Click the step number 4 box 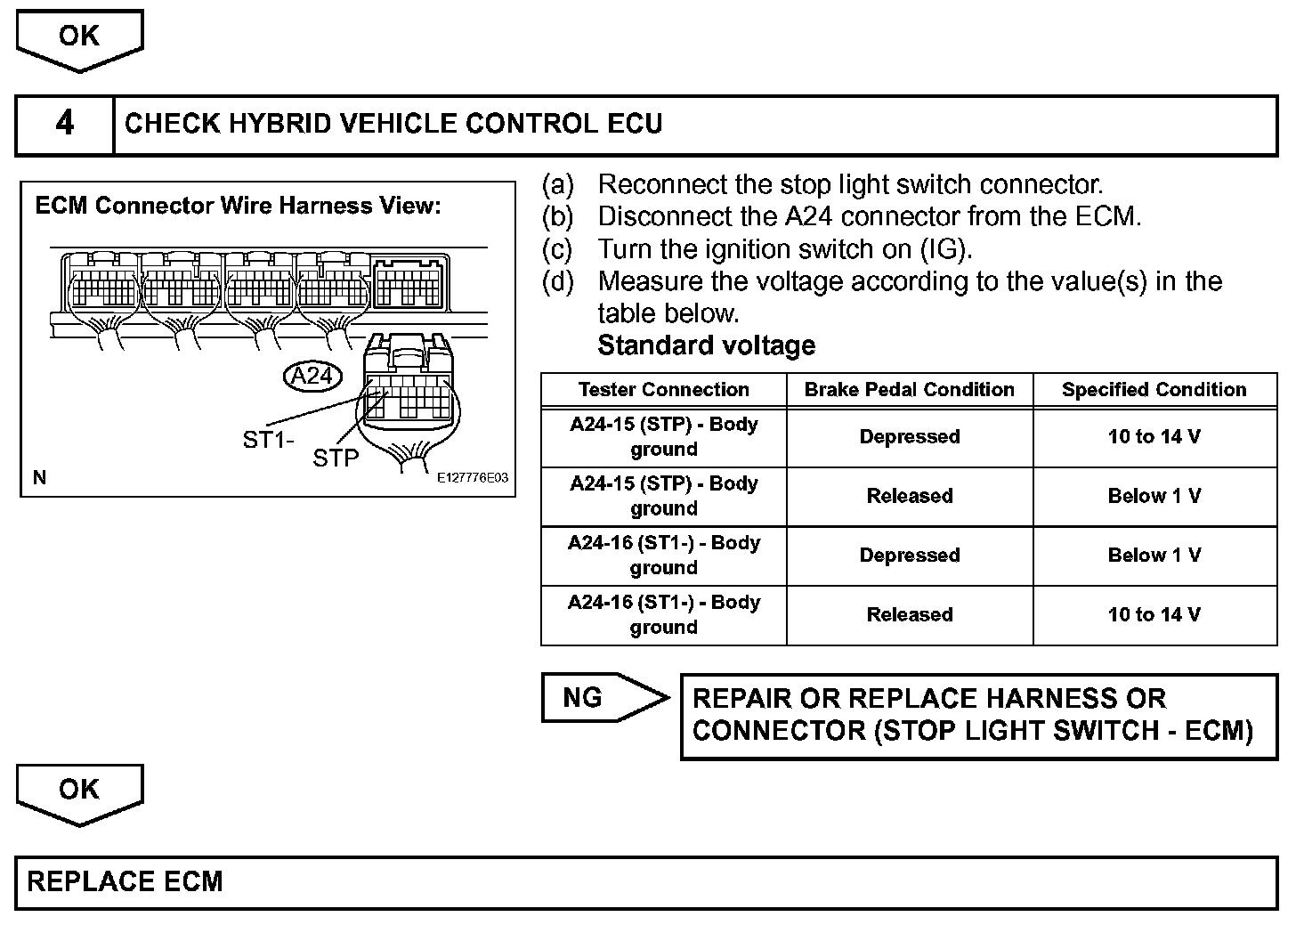click(65, 124)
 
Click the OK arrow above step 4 click(79, 37)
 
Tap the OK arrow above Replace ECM click(79, 791)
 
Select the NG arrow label click(584, 698)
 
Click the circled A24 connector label click(312, 376)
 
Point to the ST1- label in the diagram click(268, 439)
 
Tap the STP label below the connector click(336, 458)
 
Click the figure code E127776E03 click(473, 478)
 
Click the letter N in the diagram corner click(39, 478)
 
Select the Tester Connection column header click(663, 390)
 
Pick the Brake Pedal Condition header click(909, 390)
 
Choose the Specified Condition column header click(1154, 390)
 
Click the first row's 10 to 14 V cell click(1154, 437)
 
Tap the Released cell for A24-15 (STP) click(909, 496)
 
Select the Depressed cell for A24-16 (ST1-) click(909, 556)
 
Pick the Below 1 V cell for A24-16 click(1154, 556)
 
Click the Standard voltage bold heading click(706, 345)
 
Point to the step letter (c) click(558, 249)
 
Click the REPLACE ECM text click(126, 882)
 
